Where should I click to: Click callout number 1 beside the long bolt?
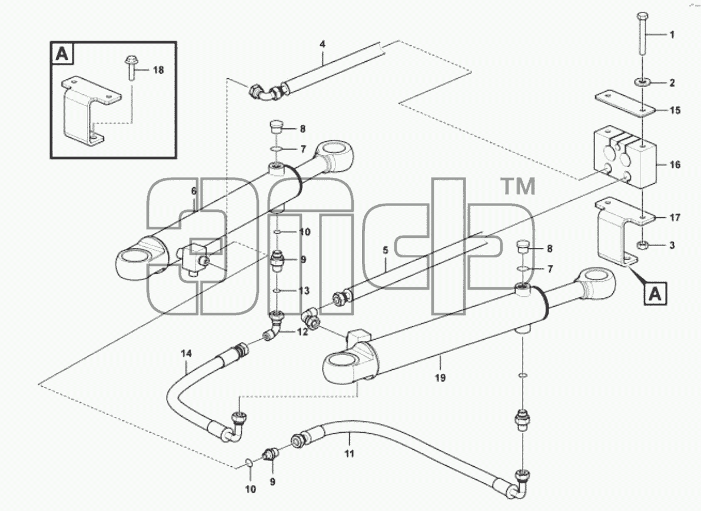pyautogui.click(x=672, y=35)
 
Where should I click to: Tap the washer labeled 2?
pyautogui.click(x=642, y=82)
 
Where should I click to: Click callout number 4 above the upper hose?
pyautogui.click(x=323, y=44)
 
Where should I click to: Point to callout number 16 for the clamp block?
pyautogui.click(x=675, y=164)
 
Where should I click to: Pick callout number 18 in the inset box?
pyautogui.click(x=158, y=69)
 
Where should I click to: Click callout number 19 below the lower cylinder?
pyautogui.click(x=440, y=378)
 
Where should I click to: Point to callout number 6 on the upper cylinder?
pyautogui.click(x=194, y=191)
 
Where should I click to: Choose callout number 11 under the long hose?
pyautogui.click(x=349, y=454)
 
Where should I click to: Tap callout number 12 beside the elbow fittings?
pyautogui.click(x=303, y=332)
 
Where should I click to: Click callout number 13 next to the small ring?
pyautogui.click(x=304, y=291)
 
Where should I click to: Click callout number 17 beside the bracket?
pyautogui.click(x=675, y=218)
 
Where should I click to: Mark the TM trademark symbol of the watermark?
pyautogui.click(x=519, y=186)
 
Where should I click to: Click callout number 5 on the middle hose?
pyautogui.click(x=386, y=250)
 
